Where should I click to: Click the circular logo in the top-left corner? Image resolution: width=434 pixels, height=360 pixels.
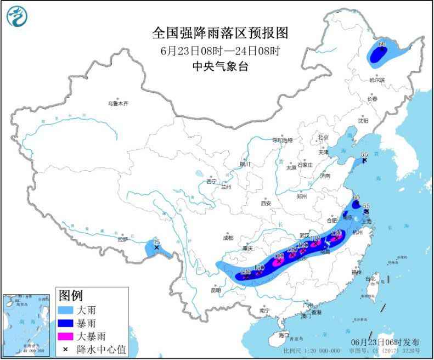tap(16, 16)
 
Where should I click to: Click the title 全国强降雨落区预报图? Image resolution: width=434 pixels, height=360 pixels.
tap(219, 33)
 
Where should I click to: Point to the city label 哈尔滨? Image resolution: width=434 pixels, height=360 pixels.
tap(377, 80)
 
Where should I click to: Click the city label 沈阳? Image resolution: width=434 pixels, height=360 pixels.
tap(363, 120)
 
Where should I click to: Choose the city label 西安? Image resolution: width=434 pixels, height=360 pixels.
tap(266, 203)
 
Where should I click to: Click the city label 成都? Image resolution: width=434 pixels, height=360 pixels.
tap(228, 238)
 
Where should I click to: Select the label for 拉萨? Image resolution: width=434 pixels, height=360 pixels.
tap(122, 239)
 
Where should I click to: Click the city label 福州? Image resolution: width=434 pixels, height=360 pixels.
tap(357, 271)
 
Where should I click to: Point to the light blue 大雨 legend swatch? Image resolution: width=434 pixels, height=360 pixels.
tap(69, 310)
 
